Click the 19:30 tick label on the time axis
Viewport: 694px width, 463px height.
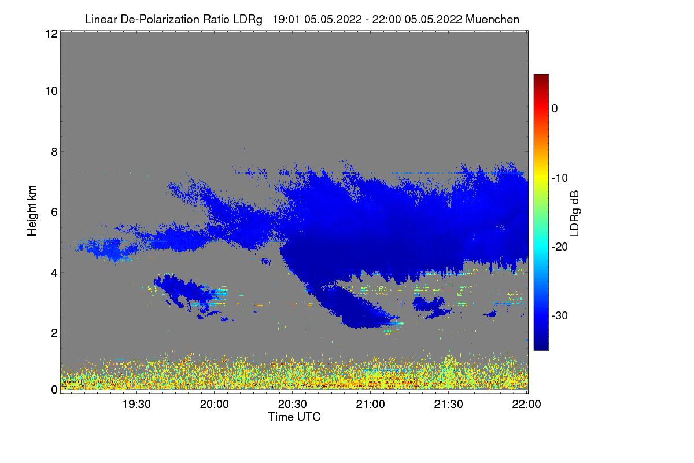point(136,404)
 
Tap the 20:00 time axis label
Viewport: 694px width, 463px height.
point(215,404)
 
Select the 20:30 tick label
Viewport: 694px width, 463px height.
point(293,404)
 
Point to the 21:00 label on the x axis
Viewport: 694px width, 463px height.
point(370,404)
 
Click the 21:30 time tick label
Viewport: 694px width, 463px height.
point(448,404)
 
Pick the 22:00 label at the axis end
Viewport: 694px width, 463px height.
point(526,404)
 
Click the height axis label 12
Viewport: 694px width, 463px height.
point(51,34)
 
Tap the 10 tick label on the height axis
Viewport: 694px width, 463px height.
point(51,91)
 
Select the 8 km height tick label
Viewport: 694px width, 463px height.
point(54,152)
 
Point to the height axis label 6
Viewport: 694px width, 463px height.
point(54,212)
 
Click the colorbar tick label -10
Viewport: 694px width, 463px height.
point(560,178)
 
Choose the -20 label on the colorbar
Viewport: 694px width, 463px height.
point(560,247)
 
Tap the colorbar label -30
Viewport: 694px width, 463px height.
point(560,315)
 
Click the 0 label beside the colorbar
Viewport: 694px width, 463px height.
point(555,109)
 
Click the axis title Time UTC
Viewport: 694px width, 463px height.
point(294,417)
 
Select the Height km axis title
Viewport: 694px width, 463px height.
point(32,211)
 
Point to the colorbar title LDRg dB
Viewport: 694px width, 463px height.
point(574,214)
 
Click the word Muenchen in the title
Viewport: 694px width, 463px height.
point(492,19)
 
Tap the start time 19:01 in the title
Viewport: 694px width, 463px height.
point(286,19)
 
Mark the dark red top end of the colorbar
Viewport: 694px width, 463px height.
point(541,75)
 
